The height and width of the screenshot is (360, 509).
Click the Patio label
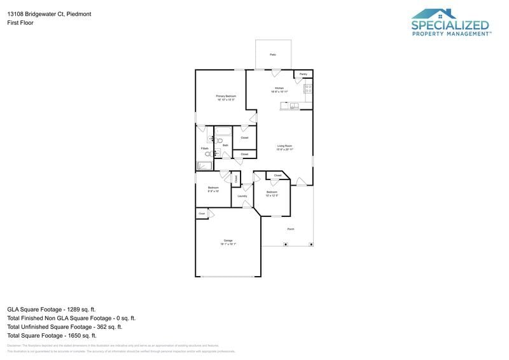(x=273, y=55)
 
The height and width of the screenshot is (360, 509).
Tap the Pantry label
(x=303, y=74)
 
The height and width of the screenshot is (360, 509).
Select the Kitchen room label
(x=279, y=88)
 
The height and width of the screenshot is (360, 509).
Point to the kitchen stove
(x=308, y=88)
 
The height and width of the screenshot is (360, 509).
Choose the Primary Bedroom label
(x=226, y=96)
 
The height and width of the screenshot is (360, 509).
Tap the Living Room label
(x=284, y=146)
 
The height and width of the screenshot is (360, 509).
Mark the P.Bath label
(x=205, y=148)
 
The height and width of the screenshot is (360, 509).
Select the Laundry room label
(x=242, y=196)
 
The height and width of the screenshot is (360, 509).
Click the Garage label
(x=228, y=240)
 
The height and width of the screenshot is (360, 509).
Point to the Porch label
(x=291, y=229)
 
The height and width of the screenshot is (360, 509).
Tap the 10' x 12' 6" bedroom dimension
(x=272, y=195)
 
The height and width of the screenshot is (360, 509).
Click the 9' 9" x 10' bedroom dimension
(x=213, y=191)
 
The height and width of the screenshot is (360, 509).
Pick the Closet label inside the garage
(x=202, y=214)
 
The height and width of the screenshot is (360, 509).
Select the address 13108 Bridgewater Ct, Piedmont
(x=49, y=13)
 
